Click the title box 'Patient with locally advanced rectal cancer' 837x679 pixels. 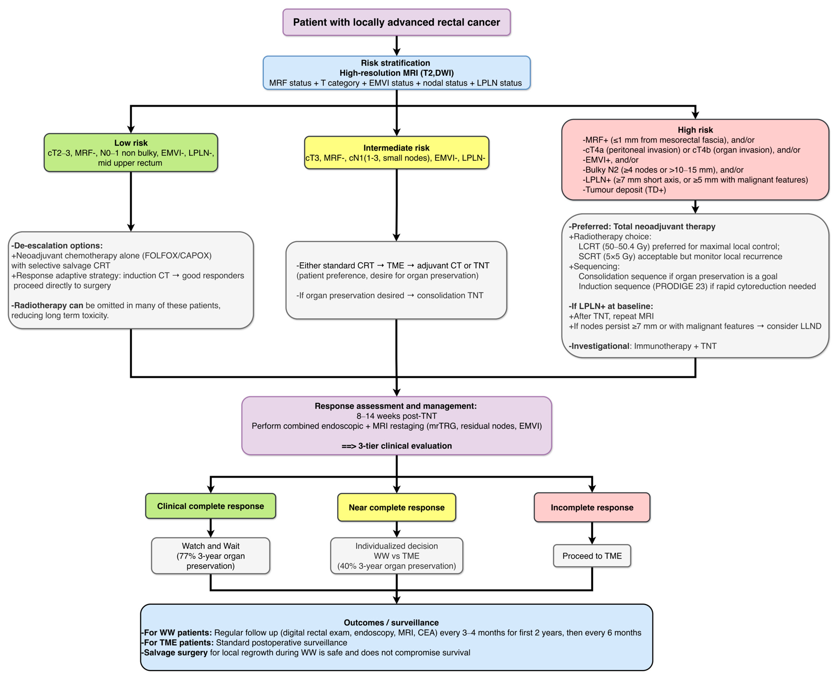(x=397, y=22)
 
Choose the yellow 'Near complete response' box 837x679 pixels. (x=397, y=507)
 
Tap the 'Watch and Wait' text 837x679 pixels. (x=210, y=546)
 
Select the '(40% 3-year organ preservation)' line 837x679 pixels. (x=397, y=566)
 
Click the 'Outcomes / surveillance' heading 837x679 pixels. (x=391, y=623)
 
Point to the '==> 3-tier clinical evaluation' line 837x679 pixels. (x=397, y=446)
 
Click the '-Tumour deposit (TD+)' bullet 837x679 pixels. (x=624, y=190)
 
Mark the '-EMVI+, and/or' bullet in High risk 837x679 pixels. (x=611, y=159)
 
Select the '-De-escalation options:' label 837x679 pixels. (x=57, y=246)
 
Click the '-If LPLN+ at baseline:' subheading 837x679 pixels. (x=611, y=306)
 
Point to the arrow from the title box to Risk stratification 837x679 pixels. (x=397, y=46)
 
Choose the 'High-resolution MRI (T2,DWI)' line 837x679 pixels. (x=397, y=73)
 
